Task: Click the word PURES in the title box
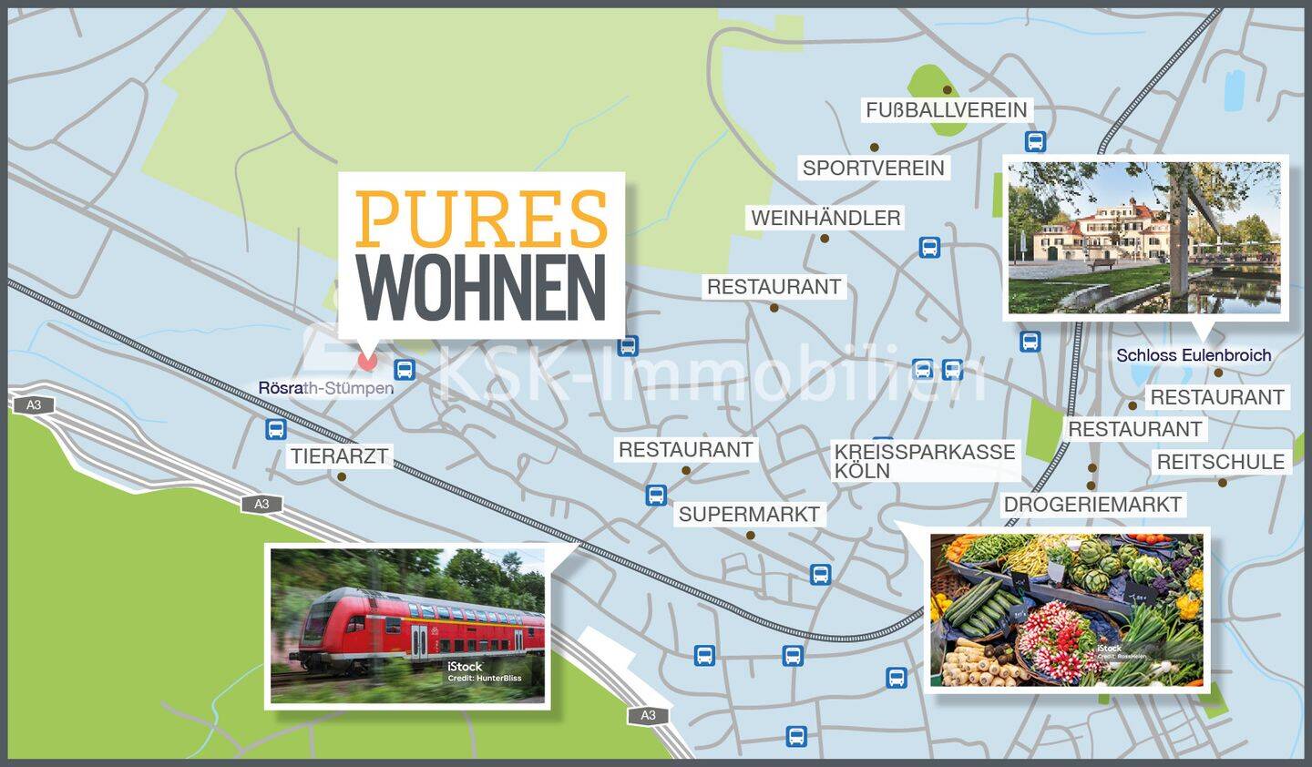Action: click(481, 219)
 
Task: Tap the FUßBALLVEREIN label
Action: click(946, 110)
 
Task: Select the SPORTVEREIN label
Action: click(873, 169)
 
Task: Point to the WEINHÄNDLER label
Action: click(825, 219)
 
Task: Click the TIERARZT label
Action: click(340, 456)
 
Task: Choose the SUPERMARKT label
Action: click(749, 514)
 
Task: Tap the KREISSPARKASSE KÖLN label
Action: click(924, 461)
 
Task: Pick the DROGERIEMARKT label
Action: click(1092, 505)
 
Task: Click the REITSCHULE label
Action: click(1220, 462)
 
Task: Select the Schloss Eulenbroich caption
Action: click(1194, 355)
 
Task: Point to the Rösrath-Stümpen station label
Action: click(325, 388)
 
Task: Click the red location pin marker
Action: click(366, 360)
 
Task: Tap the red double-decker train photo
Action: click(407, 626)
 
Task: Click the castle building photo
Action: click(1143, 237)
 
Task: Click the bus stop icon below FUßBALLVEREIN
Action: click(1035, 141)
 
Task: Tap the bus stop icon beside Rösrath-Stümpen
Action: click(405, 369)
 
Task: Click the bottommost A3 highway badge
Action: click(648, 715)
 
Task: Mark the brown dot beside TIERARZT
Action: click(343, 476)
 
